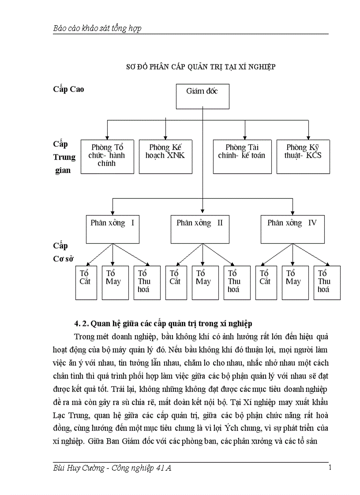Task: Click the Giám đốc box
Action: tap(202, 95)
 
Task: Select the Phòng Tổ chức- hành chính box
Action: tap(107, 156)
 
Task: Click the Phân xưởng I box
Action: tap(112, 229)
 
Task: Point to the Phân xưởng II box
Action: tap(200, 229)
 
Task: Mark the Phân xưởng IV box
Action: tap(292, 229)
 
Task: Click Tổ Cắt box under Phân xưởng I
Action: tap(86, 283)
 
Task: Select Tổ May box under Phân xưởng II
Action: tap(203, 283)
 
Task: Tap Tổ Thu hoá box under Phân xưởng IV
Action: tap(327, 283)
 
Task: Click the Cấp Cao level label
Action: tap(68, 89)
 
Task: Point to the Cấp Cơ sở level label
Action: tap(63, 252)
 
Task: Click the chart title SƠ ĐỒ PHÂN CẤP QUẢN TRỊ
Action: tap(201, 67)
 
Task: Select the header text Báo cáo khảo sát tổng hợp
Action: tap(97, 29)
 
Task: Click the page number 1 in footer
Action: tap(330, 468)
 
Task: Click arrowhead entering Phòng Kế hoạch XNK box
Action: tap(165, 138)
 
